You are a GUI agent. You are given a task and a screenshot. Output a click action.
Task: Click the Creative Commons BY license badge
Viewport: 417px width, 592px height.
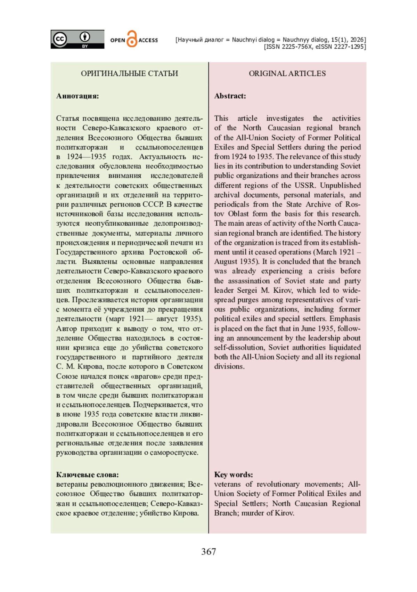pos(77,39)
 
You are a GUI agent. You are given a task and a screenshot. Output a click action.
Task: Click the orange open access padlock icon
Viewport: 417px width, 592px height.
pos(132,39)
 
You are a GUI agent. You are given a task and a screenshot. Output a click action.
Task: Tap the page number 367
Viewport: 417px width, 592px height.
pos(208,552)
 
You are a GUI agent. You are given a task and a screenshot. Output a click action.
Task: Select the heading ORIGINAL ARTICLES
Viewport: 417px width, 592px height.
pos(287,73)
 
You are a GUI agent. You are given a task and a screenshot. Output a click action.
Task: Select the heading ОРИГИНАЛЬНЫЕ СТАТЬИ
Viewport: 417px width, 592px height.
pos(129,73)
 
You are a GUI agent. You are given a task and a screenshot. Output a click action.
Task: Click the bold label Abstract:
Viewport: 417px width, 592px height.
pos(230,96)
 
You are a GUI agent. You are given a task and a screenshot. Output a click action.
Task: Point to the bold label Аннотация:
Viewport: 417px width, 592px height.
pos(77,96)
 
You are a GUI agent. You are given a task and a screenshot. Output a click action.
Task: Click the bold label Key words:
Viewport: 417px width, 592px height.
pos(233,475)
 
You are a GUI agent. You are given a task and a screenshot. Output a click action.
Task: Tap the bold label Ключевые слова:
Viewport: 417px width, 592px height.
pos(87,475)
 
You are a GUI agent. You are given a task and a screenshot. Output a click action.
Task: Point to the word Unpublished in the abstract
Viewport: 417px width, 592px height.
pos(340,185)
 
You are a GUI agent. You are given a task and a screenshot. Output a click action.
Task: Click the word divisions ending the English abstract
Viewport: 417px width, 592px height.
pos(229,366)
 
